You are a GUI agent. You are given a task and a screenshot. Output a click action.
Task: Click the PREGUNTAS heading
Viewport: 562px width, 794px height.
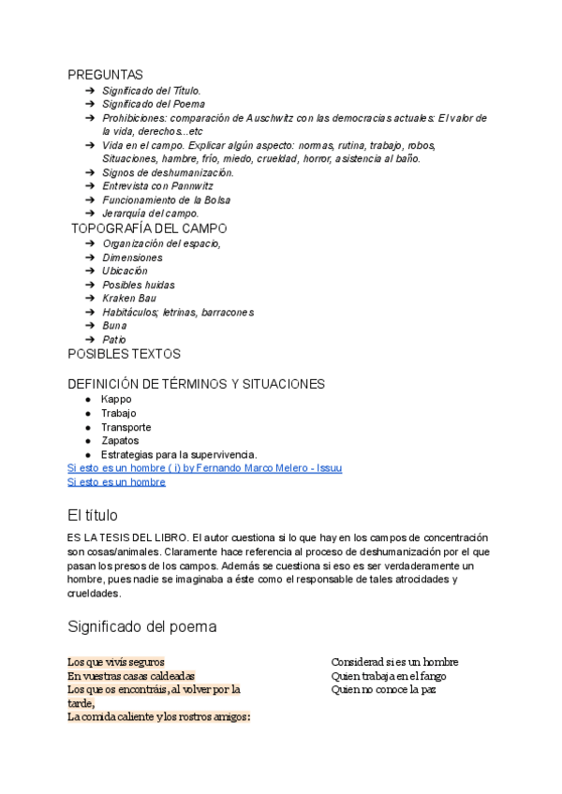click(105, 74)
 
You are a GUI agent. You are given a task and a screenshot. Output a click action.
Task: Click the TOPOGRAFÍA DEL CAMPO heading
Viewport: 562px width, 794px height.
click(149, 228)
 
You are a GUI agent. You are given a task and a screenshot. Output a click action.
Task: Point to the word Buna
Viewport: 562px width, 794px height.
click(114, 326)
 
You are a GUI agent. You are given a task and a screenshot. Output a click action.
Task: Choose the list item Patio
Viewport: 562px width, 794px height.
click(114, 340)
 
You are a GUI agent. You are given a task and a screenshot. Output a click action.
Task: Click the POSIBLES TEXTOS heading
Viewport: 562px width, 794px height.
click(124, 354)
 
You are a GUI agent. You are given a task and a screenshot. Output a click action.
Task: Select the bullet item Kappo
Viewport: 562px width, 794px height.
click(116, 400)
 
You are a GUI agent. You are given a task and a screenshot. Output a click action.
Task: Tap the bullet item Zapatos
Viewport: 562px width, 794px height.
click(120, 440)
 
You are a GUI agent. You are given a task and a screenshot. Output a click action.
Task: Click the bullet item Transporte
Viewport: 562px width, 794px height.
click(126, 427)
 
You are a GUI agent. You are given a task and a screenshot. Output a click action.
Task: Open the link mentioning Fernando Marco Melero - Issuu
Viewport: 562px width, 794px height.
click(204, 468)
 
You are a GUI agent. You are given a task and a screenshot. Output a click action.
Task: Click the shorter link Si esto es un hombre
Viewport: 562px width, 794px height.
click(116, 481)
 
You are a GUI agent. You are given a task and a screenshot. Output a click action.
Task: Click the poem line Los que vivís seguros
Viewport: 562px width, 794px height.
click(116, 662)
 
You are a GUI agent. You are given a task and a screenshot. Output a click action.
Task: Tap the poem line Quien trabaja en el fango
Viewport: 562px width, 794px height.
click(388, 676)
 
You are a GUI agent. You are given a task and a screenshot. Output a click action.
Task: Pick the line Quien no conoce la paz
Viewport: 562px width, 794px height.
click(383, 690)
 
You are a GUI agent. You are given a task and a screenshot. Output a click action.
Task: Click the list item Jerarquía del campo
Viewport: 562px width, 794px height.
click(151, 213)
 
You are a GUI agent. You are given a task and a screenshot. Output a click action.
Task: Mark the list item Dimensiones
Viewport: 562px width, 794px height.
click(132, 257)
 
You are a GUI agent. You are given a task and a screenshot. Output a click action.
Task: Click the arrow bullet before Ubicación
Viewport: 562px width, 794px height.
click(89, 272)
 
